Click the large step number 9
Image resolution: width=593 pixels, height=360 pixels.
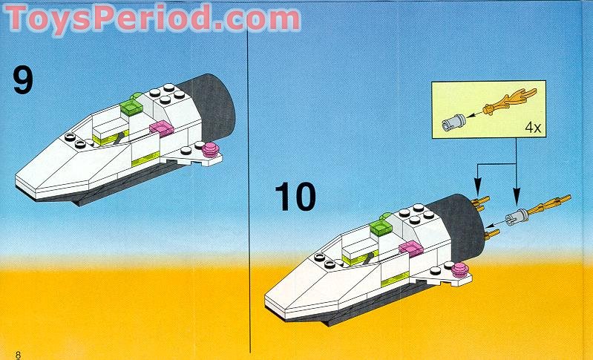[x=24, y=80]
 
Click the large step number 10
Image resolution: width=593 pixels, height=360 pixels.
[x=295, y=197]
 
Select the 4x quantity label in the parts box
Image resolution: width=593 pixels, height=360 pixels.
[x=532, y=127]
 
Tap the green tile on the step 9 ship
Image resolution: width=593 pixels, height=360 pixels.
[x=132, y=108]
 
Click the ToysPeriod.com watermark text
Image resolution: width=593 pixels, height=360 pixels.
[x=152, y=18]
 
